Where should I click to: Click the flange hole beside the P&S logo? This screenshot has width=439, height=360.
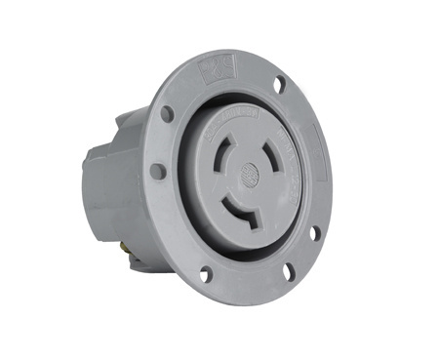(280, 85)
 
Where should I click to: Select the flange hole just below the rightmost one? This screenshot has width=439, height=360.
(314, 233)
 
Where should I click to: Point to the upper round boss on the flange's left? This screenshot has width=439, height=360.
(167, 114)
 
